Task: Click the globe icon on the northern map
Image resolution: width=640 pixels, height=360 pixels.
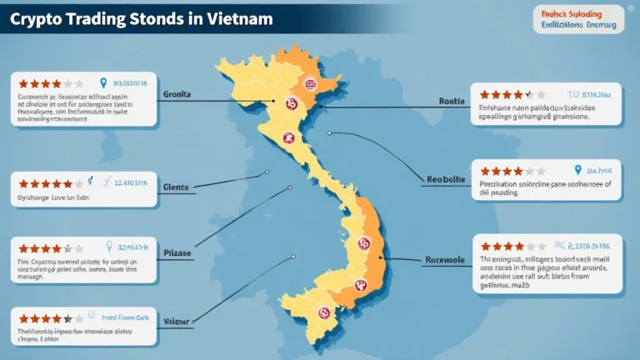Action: pos(310,83)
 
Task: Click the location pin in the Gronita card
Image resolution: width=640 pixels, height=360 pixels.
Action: pos(103,83)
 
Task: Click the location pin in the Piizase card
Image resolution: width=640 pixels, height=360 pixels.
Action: pos(108,247)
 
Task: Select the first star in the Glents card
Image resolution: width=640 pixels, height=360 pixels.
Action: pos(23,183)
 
